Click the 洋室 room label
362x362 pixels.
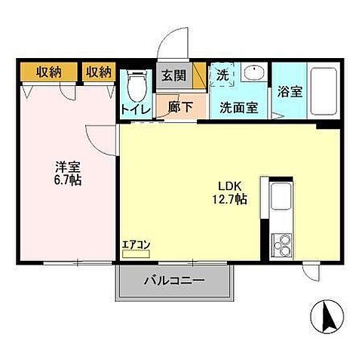click(67, 167)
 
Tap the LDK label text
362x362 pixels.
click(230, 186)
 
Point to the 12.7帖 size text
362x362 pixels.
click(230, 200)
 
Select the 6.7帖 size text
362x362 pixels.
click(67, 181)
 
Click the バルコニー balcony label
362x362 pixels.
click(174, 281)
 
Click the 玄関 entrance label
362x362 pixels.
click(171, 75)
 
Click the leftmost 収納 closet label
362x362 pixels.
click(47, 72)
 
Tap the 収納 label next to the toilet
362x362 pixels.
click(98, 72)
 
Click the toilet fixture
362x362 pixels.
click(137, 85)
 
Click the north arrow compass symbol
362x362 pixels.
click(328, 315)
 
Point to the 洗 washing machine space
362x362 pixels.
click(222, 75)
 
